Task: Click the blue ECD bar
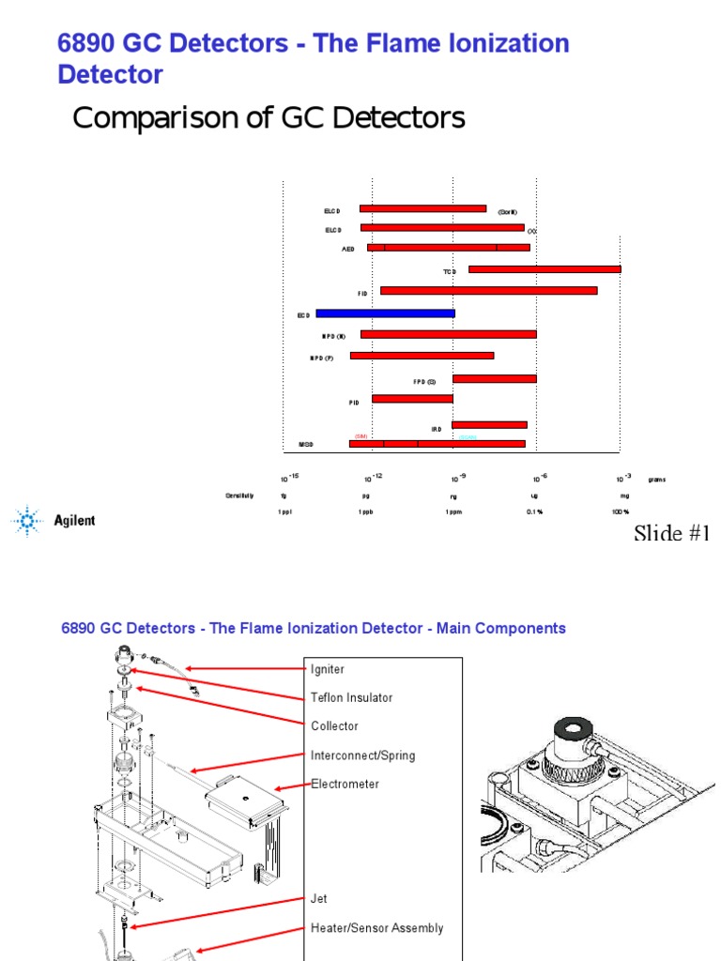tap(385, 313)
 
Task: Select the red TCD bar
tap(545, 269)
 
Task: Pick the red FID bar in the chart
tap(488, 291)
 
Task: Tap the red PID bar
tap(412, 399)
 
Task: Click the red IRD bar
tap(489, 425)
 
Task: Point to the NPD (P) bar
tap(422, 356)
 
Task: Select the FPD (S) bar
tap(494, 378)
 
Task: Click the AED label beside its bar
tap(348, 249)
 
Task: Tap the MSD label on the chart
tap(306, 444)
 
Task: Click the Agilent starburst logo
tap(28, 520)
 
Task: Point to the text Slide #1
tap(672, 533)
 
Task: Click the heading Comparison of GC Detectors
tap(268, 118)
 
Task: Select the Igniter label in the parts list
tap(328, 669)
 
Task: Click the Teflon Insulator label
tap(351, 697)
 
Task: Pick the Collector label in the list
tap(334, 725)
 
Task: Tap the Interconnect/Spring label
tap(362, 755)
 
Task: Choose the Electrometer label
tap(345, 784)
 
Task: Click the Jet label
tap(319, 898)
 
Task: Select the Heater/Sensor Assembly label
tap(376, 927)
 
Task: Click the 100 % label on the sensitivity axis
tap(621, 511)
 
